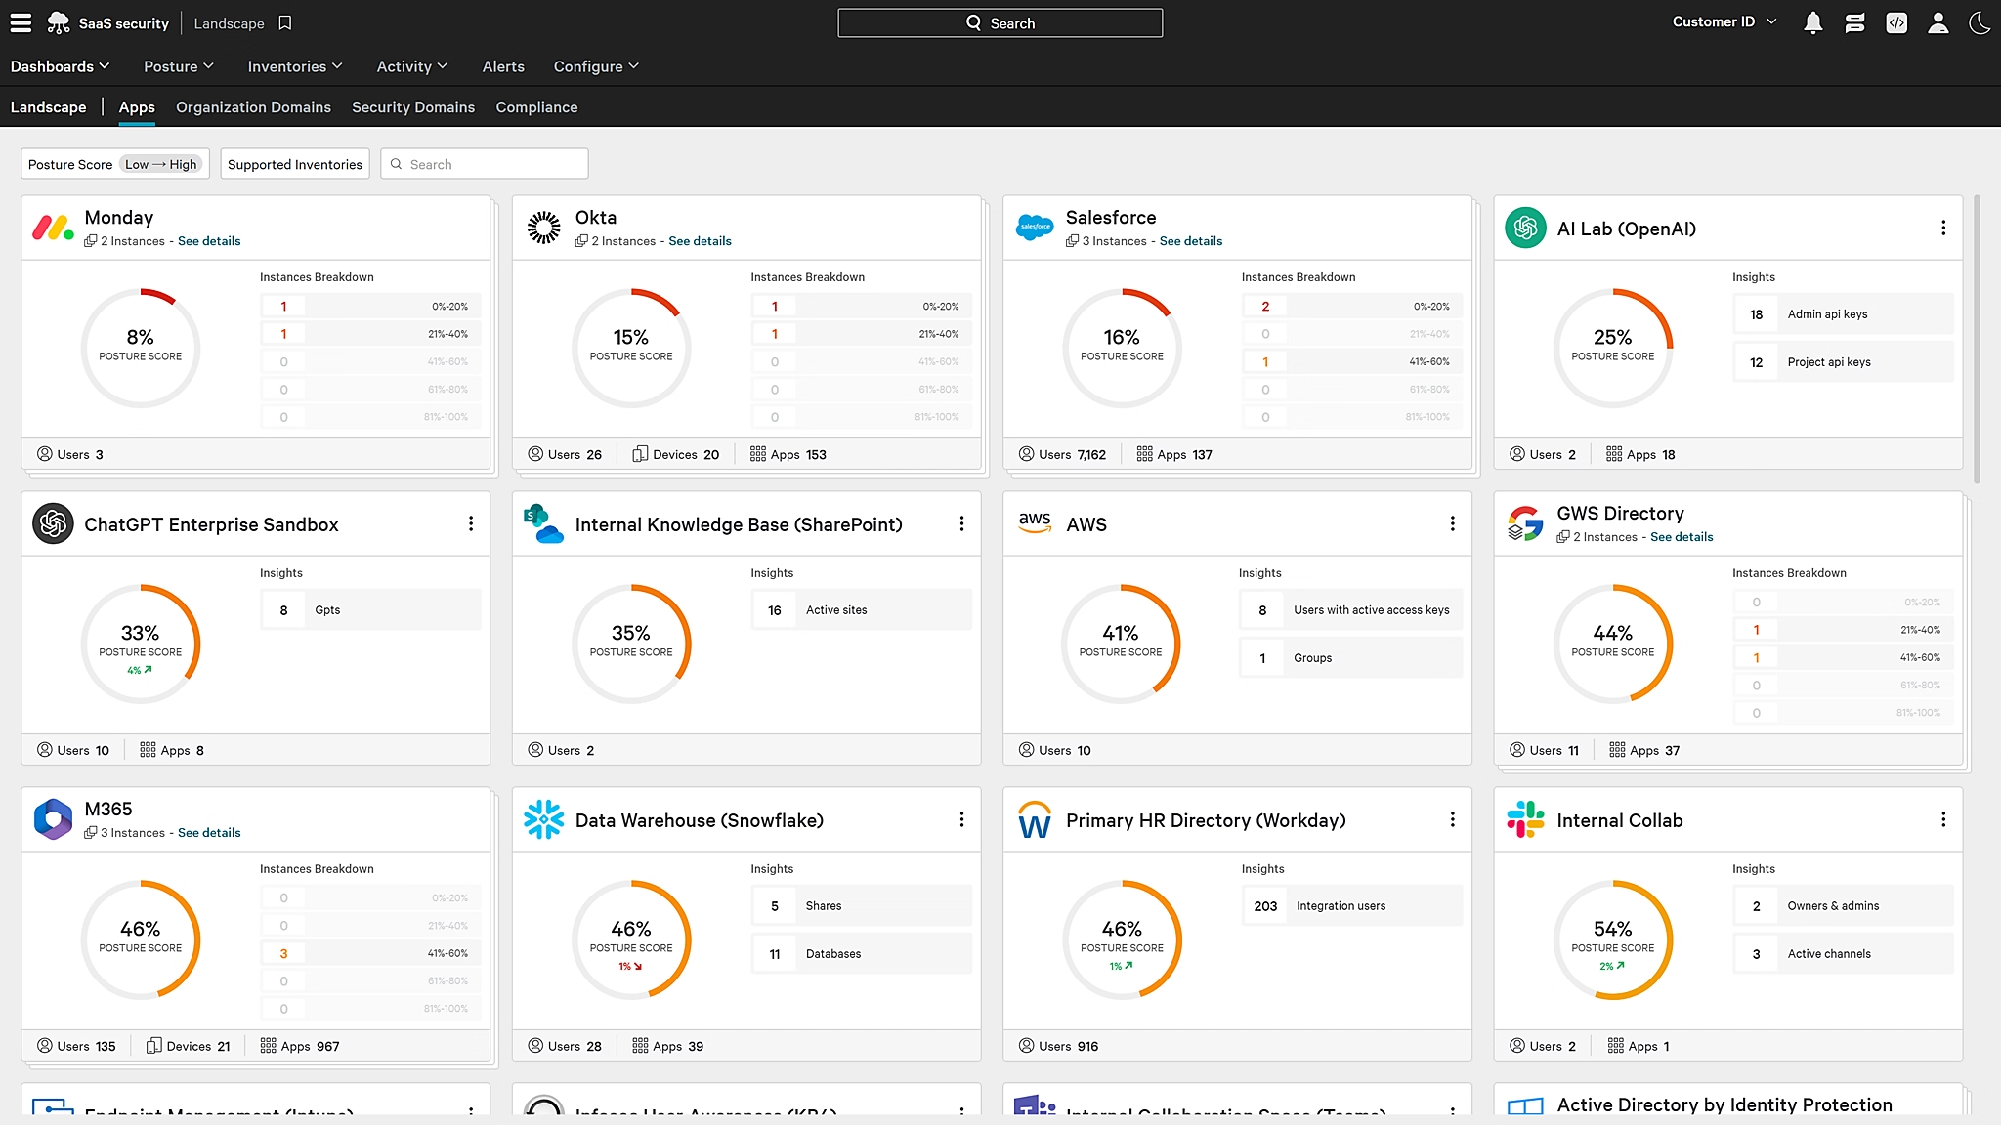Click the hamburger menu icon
point(21,22)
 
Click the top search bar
point(1000,22)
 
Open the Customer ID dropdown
point(1724,21)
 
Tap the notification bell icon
point(1812,22)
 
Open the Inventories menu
point(294,66)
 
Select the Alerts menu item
point(503,66)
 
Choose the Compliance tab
point(536,107)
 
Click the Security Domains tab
point(413,107)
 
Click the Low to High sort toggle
point(161,164)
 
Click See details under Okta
point(700,241)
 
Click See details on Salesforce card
point(1190,241)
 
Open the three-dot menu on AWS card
point(1452,524)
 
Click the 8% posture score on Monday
point(140,338)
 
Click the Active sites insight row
point(861,610)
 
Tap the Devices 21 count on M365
point(189,1046)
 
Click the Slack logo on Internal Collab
point(1524,820)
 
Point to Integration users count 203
point(1265,906)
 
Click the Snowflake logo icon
point(543,820)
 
